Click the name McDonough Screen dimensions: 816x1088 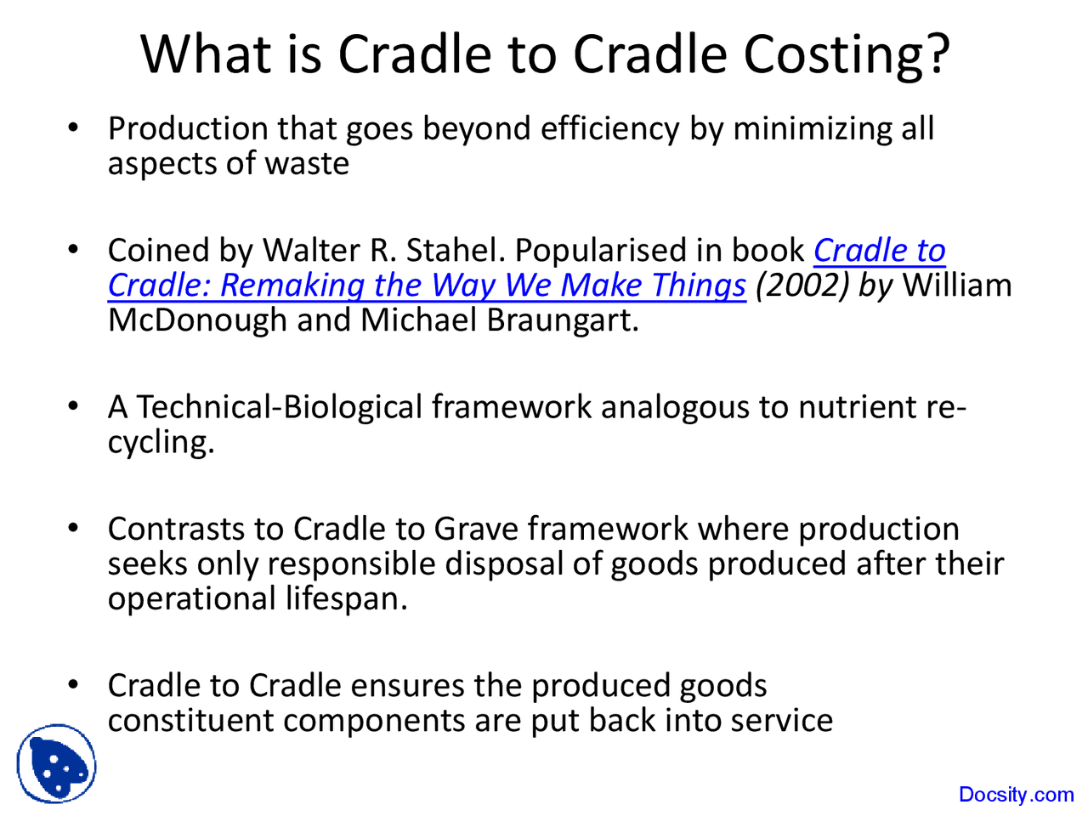point(197,320)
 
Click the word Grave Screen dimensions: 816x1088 point(476,529)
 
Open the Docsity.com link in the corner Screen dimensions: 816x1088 point(1016,795)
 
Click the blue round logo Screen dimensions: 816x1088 point(56,763)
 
